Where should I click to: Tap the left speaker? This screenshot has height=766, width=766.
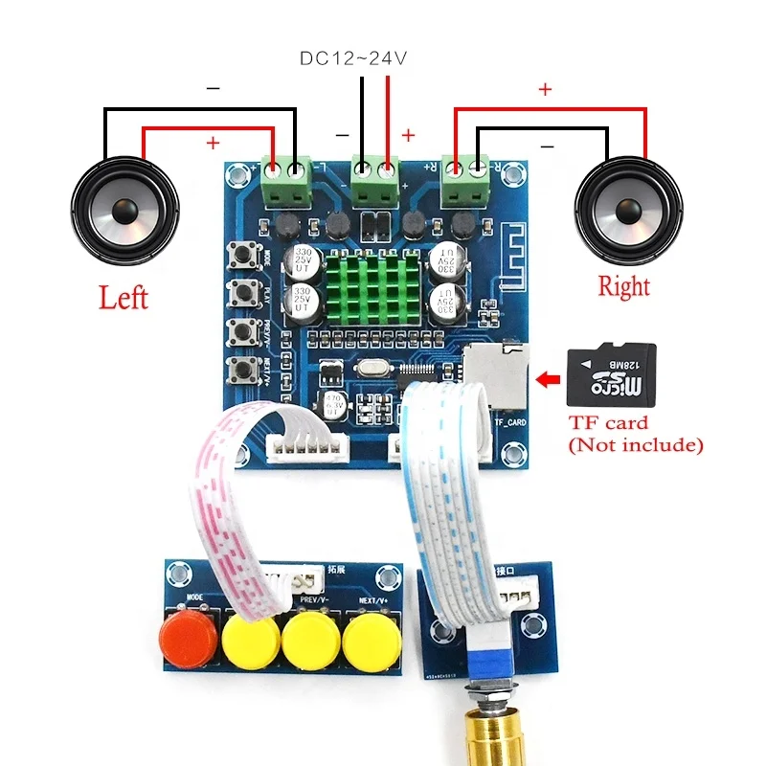(125, 207)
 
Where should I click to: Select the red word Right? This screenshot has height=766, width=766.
(623, 285)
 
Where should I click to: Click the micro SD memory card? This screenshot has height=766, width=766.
(612, 375)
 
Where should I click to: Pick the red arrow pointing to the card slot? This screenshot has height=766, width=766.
(548, 381)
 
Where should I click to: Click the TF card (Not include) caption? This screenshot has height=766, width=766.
(635, 434)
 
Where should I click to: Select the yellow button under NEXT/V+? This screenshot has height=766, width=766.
(370, 641)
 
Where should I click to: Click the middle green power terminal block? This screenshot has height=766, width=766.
(373, 180)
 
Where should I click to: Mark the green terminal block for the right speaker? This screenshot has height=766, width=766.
(464, 179)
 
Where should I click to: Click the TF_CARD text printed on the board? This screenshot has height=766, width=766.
(510, 420)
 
